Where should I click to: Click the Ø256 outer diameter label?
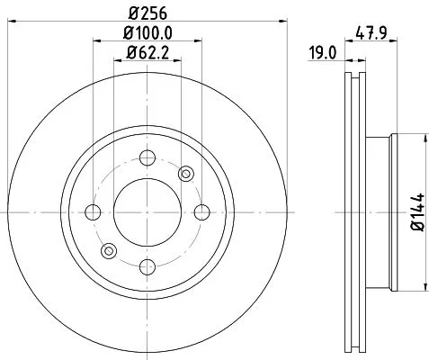click(x=147, y=13)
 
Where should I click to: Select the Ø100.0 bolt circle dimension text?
click(x=147, y=34)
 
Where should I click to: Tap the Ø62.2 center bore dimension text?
click(x=147, y=55)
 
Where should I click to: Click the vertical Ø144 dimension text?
click(x=416, y=212)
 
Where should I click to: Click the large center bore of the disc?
click(x=147, y=212)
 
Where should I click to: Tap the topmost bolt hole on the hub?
click(x=147, y=159)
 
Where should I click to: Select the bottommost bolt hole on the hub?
click(x=147, y=265)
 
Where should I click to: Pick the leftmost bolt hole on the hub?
click(x=94, y=212)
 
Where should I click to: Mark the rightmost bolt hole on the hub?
click(x=200, y=212)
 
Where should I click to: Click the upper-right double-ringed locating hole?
click(x=186, y=174)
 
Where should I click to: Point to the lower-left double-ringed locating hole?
click(x=109, y=251)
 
